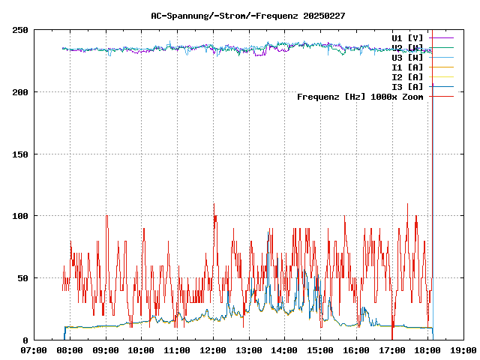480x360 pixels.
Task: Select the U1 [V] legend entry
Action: pyautogui.click(x=407, y=37)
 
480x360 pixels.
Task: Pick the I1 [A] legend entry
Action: pyautogui.click(x=407, y=67)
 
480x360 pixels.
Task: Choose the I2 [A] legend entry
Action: pyautogui.click(x=407, y=76)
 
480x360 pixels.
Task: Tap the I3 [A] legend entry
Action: pyautogui.click(x=407, y=86)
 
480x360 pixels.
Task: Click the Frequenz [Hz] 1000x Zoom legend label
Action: pyautogui.click(x=360, y=97)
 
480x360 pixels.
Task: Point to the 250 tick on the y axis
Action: pyautogui.click(x=20, y=30)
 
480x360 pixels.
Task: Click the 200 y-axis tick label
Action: pyautogui.click(x=20, y=92)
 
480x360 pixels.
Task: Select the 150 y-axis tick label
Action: pyautogui.click(x=20, y=154)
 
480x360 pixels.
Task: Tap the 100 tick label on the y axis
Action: pyautogui.click(x=20, y=216)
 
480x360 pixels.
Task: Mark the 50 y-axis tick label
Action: pyautogui.click(x=22, y=278)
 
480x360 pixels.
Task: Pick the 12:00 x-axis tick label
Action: pyautogui.click(x=213, y=350)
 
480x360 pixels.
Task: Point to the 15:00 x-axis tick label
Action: pyautogui.click(x=320, y=350)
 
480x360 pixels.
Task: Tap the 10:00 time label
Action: pyautogui.click(x=141, y=350)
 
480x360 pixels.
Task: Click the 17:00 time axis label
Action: pyautogui.click(x=391, y=350)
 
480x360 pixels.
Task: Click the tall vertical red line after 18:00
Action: pyautogui.click(x=433, y=187)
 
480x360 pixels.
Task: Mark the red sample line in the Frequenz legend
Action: pyautogui.click(x=442, y=97)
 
